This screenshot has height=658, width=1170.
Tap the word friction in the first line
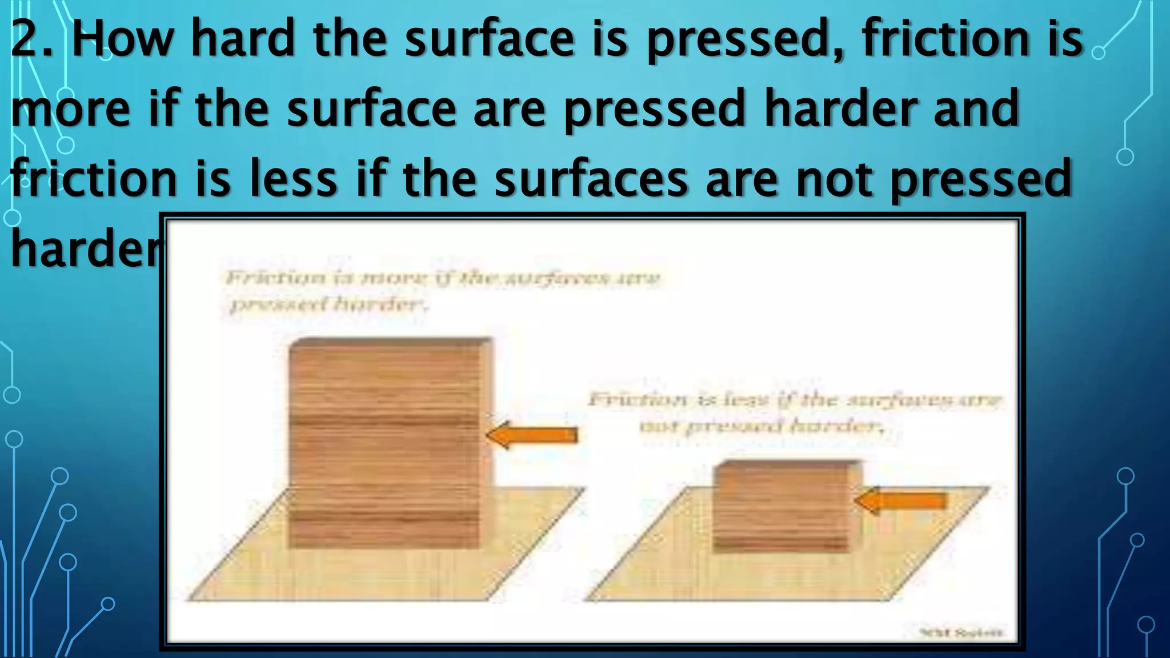[943, 39]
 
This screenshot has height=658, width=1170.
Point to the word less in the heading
[292, 179]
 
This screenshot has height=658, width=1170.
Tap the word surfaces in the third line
[591, 179]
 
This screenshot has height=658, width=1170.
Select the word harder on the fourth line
[86, 248]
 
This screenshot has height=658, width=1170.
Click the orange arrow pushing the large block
[532, 435]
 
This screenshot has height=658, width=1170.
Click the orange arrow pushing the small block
[901, 501]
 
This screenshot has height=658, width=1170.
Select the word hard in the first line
[242, 39]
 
